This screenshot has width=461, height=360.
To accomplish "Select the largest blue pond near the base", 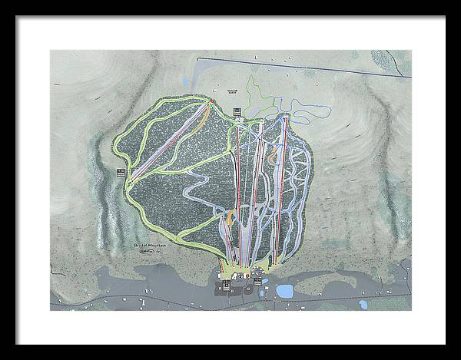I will click(285, 291).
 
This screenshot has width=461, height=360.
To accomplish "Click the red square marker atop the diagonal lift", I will click(212, 101).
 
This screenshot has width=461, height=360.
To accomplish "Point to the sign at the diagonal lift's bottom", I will click(121, 173).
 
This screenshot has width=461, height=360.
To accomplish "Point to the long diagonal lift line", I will click(169, 140).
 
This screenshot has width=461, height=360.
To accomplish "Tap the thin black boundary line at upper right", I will click(346, 67).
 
